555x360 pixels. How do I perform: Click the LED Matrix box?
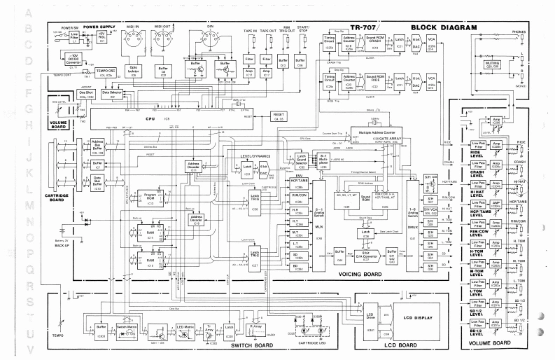click(185, 327)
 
